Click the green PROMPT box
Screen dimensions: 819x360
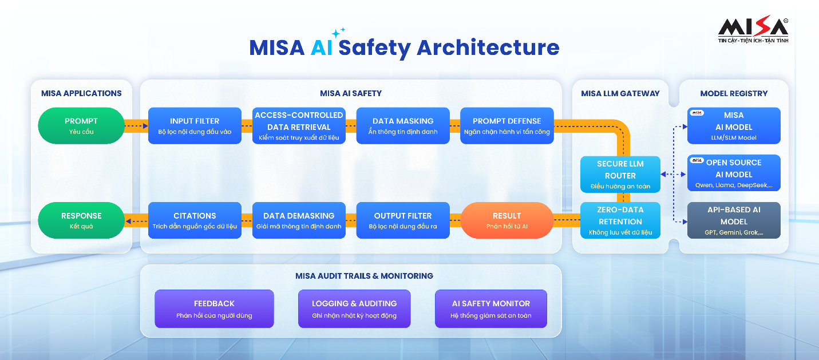tap(81, 126)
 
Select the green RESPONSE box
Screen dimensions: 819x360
tap(81, 220)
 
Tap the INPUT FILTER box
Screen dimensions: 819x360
tap(195, 126)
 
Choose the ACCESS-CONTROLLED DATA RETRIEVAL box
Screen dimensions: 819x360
tap(299, 126)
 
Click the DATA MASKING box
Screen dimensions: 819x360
tap(403, 126)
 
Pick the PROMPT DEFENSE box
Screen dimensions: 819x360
tap(507, 126)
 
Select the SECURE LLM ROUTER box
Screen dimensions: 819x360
tap(620, 175)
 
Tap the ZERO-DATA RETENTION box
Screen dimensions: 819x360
tap(620, 220)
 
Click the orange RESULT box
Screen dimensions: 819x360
tap(507, 220)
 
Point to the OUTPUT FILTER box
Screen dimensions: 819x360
tap(403, 220)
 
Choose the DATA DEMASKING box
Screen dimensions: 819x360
tap(299, 220)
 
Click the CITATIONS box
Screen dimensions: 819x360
tap(195, 220)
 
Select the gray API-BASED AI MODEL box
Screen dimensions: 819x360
tap(734, 220)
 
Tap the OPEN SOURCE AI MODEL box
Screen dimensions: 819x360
tap(734, 173)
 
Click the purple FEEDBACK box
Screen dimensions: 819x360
tap(214, 309)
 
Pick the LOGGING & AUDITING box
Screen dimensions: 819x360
tap(354, 309)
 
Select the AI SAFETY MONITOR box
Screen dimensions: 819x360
tap(491, 309)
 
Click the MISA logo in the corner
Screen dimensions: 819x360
tap(753, 29)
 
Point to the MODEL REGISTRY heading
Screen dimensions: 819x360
tap(734, 93)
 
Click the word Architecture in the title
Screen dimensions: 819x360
tap(488, 48)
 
